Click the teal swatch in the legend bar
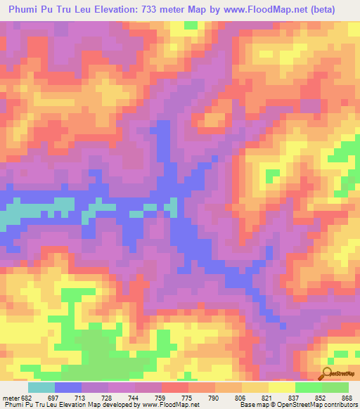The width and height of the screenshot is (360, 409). pyautogui.click(x=41, y=387)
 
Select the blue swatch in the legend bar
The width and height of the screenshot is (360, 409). pyautogui.click(x=68, y=387)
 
